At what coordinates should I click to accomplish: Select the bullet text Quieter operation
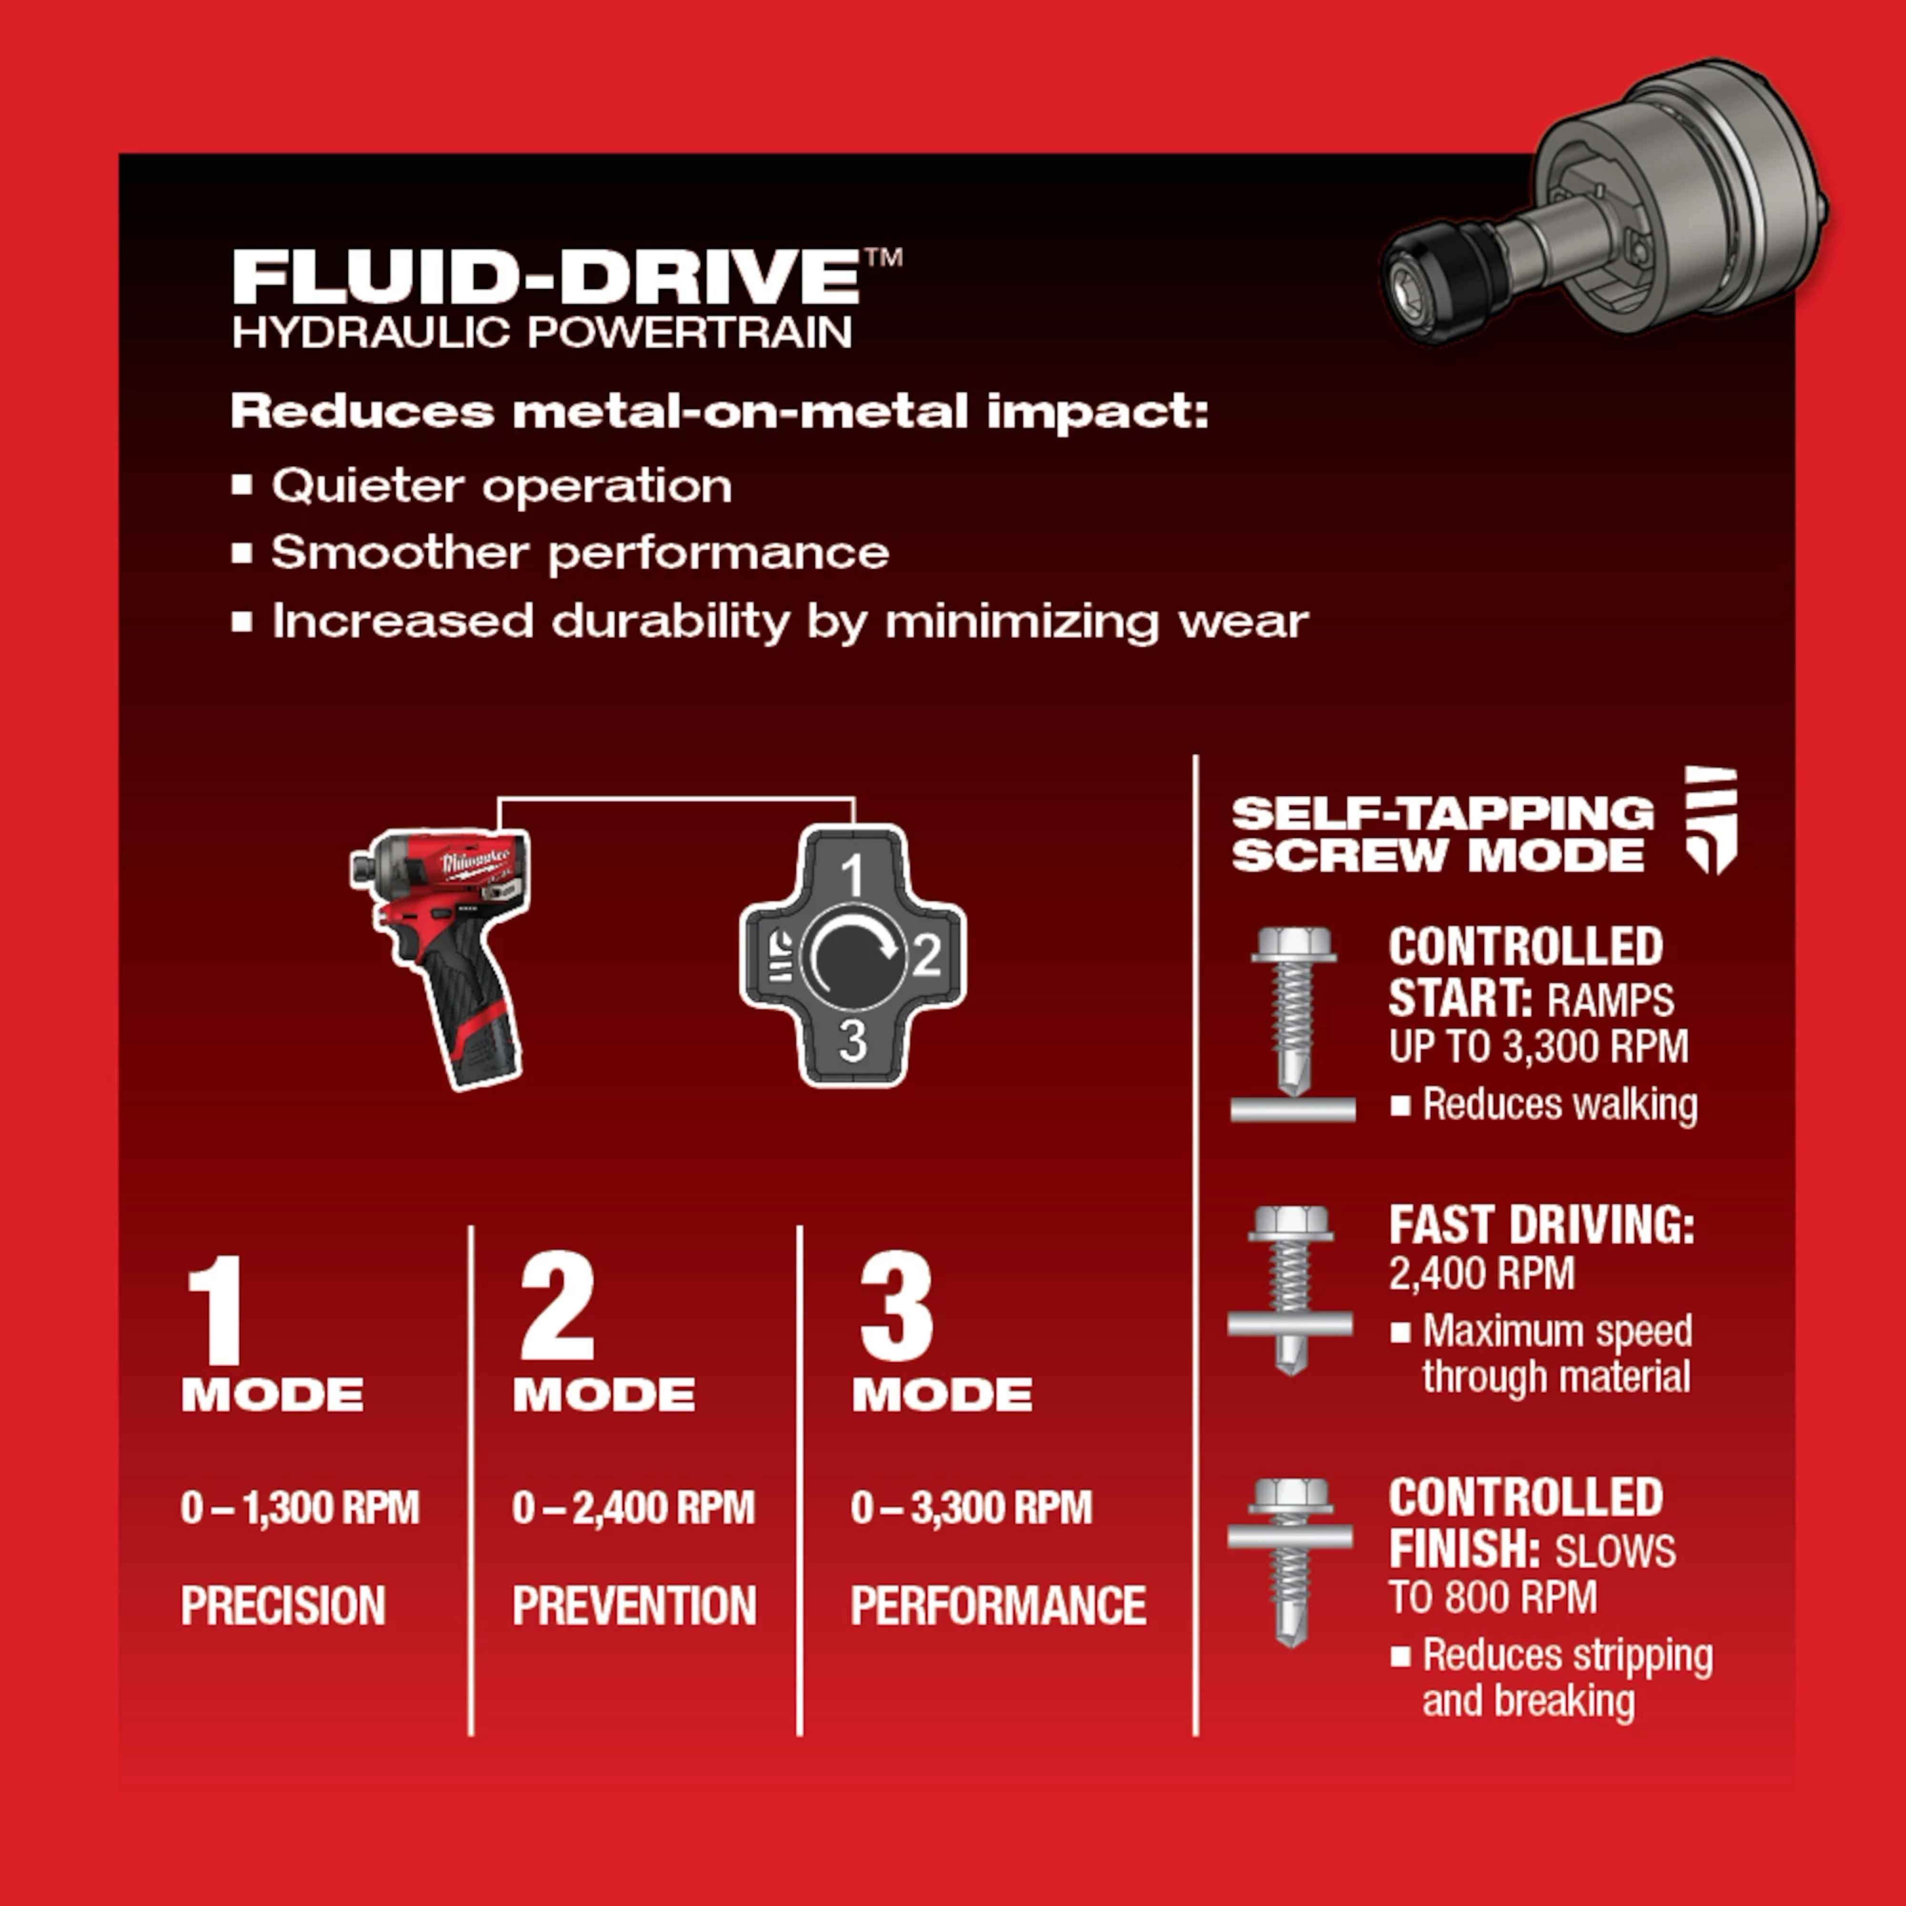pos(501,486)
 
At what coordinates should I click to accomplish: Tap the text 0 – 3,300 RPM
pos(971,1508)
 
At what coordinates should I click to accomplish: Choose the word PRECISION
pos(283,1605)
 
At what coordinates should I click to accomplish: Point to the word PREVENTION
pos(633,1605)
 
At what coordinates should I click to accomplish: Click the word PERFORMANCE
pos(997,1605)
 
